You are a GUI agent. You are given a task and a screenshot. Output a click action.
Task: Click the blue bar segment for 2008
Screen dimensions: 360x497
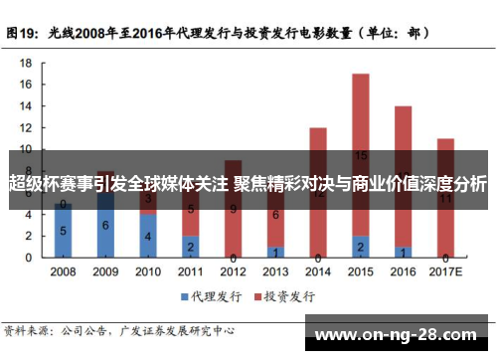[x=63, y=232]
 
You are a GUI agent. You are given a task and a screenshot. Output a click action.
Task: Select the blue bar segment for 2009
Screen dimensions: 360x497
[x=105, y=226]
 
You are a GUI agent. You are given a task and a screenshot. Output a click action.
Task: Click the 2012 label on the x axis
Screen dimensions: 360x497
[x=233, y=270]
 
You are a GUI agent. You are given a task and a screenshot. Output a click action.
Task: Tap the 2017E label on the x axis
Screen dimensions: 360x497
[x=446, y=270]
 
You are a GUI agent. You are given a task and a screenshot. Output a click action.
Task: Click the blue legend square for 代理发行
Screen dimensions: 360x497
[x=185, y=296]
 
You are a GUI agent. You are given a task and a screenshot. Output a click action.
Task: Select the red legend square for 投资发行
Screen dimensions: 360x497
[x=256, y=296]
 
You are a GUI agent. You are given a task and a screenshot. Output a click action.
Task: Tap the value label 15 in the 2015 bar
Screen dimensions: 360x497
[x=361, y=155]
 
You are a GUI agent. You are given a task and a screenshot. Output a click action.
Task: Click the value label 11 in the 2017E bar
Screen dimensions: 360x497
[x=446, y=198]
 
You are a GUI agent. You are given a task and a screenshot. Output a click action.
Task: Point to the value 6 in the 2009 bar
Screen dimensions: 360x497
[x=105, y=226]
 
